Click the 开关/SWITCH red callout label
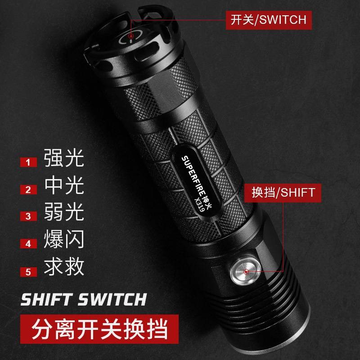[269, 20]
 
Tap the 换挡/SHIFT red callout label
[283, 193]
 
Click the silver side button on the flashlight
[246, 272]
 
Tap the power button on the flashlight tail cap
[131, 36]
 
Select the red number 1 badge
[28, 162]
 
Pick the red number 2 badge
[28, 189]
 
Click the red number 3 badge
[28, 216]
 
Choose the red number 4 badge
[28, 244]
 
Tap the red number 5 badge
[28, 272]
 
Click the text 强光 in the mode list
[64, 158]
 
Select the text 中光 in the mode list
[64, 185]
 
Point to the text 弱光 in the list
[64, 211]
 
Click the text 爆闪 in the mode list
[64, 239]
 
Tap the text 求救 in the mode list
[64, 267]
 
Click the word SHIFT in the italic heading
[46, 299]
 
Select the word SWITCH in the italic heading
[112, 299]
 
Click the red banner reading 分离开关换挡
[99, 329]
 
